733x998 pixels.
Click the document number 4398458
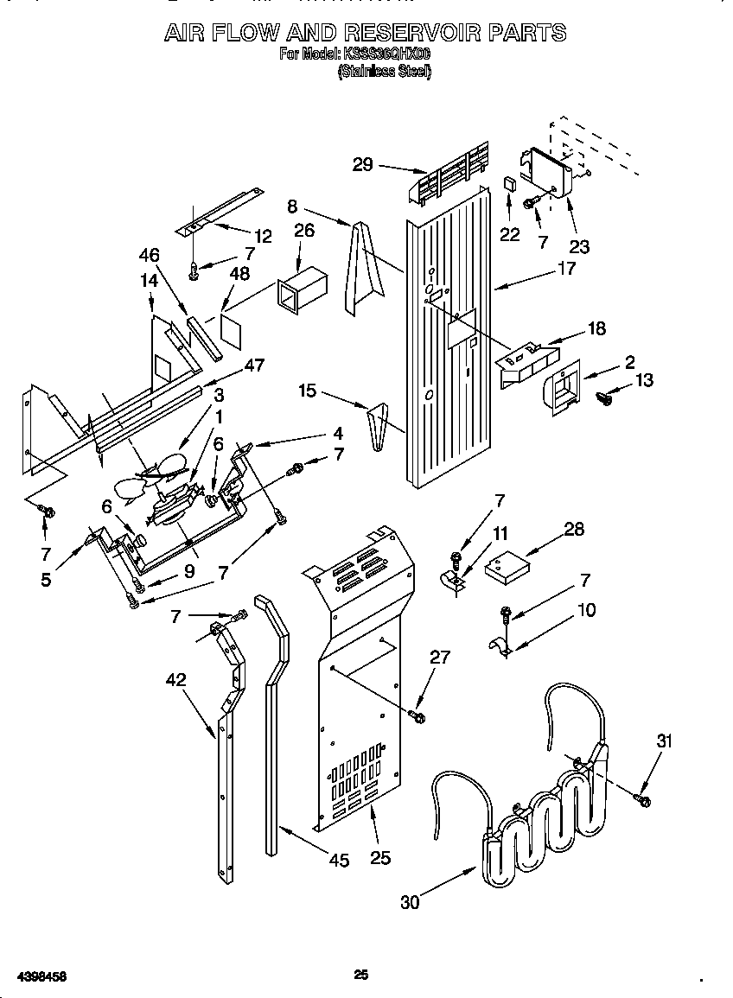35,976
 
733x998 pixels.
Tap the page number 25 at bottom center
361,975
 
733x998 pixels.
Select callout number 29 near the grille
363,164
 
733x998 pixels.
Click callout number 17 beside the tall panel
566,269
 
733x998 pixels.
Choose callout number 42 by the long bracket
175,680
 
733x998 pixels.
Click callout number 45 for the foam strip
339,860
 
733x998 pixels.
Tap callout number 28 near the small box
573,529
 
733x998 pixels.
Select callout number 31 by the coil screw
664,741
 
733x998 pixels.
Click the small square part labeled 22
510,185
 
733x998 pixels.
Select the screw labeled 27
419,716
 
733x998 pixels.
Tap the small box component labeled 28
507,567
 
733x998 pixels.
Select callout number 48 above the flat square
239,274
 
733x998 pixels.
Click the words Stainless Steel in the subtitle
383,72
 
